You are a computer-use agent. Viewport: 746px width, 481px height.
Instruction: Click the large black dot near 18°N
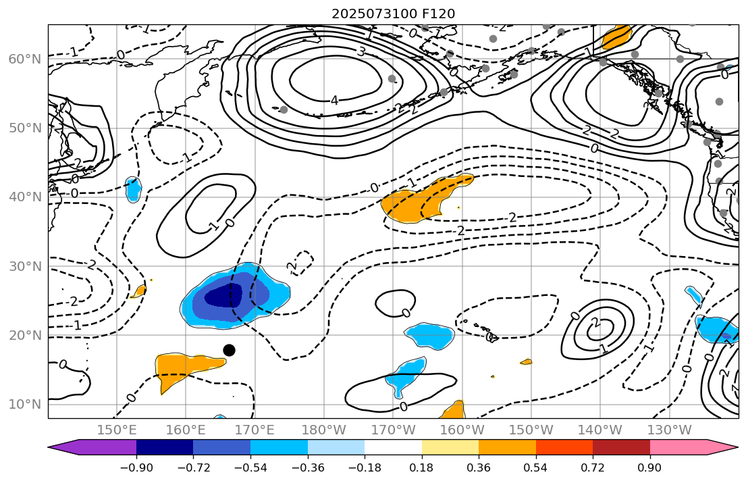click(x=229, y=350)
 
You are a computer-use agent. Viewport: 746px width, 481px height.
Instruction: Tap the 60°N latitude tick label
click(x=24, y=59)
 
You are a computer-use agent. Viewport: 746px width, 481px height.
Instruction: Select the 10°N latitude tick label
click(x=24, y=405)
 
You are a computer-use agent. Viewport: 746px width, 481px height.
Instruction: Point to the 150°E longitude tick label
click(x=117, y=430)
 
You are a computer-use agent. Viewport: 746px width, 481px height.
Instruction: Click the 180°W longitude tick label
click(x=325, y=430)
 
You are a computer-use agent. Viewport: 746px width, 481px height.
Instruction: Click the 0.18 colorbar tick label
click(x=421, y=467)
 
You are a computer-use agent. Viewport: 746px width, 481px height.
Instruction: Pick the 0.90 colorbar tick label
click(x=649, y=467)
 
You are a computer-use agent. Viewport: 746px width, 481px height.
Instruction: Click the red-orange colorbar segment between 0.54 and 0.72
click(x=564, y=447)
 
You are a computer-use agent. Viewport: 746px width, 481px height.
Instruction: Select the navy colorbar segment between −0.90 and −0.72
click(x=165, y=447)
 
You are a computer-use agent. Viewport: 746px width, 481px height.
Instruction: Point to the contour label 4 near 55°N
click(x=334, y=101)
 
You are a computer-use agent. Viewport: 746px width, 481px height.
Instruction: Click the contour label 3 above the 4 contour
click(x=361, y=52)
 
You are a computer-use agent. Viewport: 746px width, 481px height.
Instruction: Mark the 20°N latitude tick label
click(x=24, y=336)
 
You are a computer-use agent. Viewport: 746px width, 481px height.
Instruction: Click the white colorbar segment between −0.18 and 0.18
click(x=393, y=447)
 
